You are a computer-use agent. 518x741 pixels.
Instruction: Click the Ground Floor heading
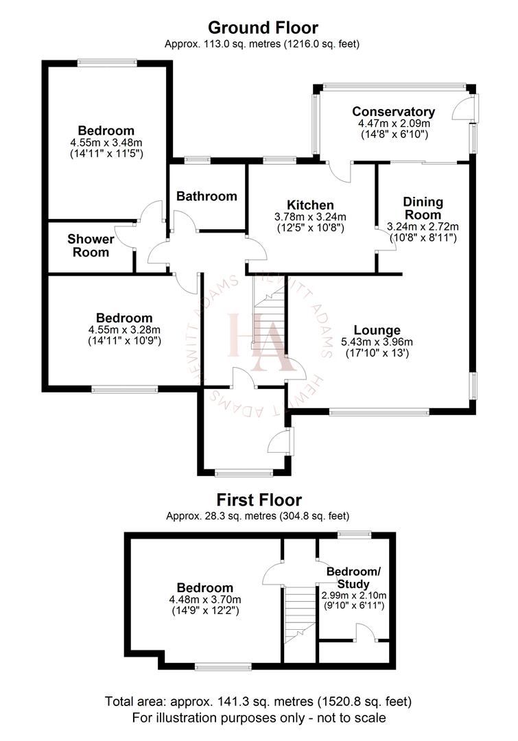(263, 28)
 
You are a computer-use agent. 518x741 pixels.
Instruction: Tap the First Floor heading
(259, 500)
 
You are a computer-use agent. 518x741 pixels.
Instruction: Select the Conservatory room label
(393, 112)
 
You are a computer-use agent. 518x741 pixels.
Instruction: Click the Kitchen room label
(310, 205)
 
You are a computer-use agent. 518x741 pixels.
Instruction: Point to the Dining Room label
(423, 209)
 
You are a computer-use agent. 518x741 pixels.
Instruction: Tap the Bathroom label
(207, 196)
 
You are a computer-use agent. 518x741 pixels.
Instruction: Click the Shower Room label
(91, 246)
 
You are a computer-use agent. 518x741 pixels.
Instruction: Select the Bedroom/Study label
(353, 578)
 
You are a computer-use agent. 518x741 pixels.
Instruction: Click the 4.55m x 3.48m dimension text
(106, 142)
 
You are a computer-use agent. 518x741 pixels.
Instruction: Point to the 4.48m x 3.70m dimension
(205, 599)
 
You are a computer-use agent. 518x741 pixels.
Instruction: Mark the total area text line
(259, 702)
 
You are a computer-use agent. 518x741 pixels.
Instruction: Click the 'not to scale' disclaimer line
(259, 718)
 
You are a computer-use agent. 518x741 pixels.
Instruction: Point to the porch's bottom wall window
(244, 473)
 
